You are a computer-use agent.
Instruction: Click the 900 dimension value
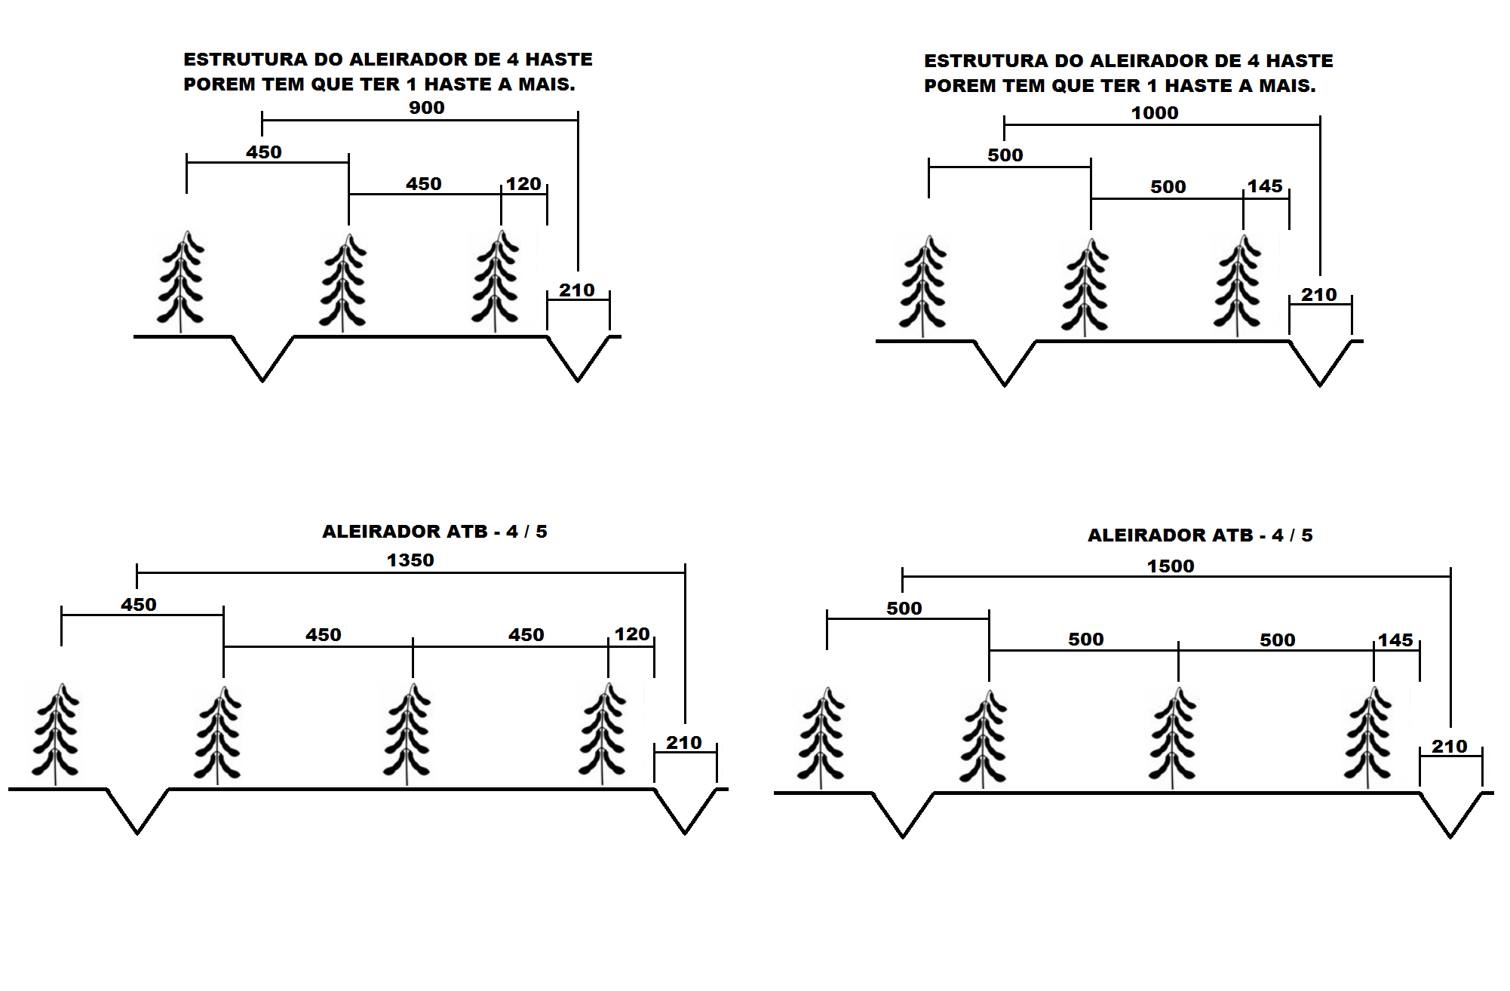[426, 108]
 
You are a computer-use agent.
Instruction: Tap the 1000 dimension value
[1154, 113]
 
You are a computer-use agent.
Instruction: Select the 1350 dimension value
[410, 560]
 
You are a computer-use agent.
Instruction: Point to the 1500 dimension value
[1171, 566]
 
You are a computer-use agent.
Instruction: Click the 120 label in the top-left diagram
[523, 184]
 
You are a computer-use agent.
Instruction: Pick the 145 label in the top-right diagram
[1265, 186]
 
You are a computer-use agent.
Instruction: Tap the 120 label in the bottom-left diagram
[632, 634]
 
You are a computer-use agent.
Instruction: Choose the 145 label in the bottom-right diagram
[1395, 640]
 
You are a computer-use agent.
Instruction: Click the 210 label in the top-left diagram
[577, 290]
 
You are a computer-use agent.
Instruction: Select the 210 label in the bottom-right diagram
[1450, 747]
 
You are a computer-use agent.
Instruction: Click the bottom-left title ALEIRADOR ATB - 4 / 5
[434, 532]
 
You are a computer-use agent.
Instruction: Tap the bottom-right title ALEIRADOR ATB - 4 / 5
[1200, 535]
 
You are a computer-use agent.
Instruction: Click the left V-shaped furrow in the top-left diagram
[262, 361]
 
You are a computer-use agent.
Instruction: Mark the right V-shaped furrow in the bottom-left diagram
[685, 813]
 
